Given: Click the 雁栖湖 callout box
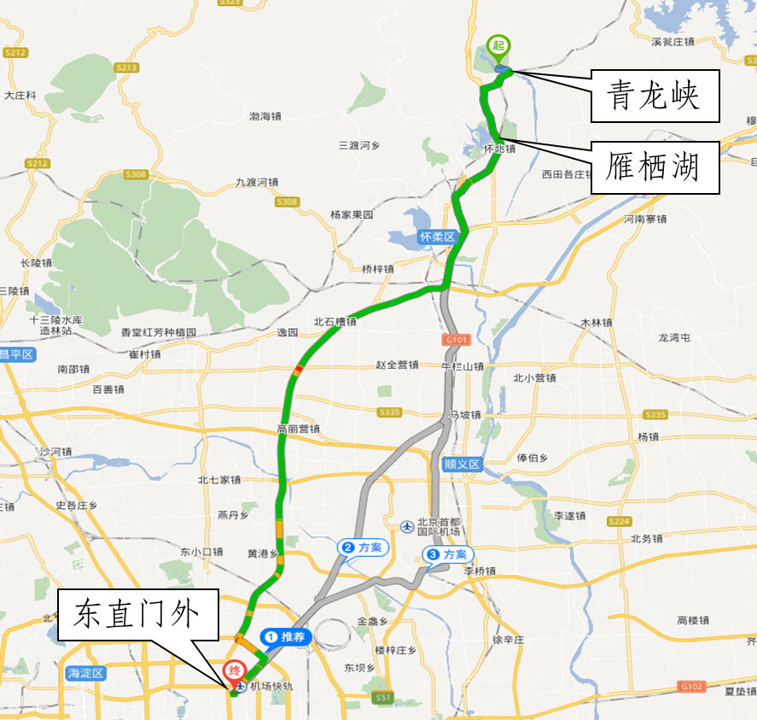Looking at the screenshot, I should tap(654, 167).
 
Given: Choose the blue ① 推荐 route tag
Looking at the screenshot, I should tap(285, 637).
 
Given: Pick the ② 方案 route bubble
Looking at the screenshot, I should tap(363, 547).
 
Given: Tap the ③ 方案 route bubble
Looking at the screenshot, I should tap(447, 555).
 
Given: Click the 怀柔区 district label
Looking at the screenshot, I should tap(438, 237).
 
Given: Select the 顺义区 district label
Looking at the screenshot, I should tap(463, 465).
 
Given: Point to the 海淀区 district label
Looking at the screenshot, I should tap(86, 673).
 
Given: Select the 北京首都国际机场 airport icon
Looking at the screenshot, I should tap(408, 524).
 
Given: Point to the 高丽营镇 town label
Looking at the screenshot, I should tap(298, 429).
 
